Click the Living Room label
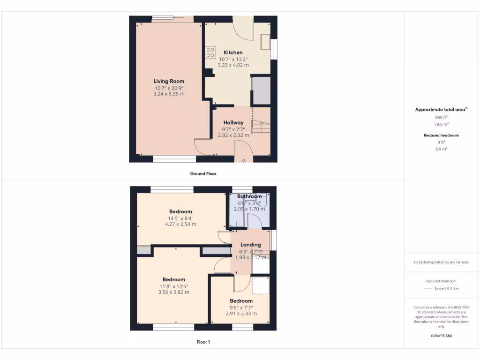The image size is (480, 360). tap(169, 81)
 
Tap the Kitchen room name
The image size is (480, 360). tap(233, 52)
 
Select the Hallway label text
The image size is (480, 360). tap(233, 123)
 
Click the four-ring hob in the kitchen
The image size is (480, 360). tap(210, 52)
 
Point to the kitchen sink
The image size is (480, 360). tap(266, 42)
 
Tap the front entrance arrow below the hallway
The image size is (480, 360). tap(244, 162)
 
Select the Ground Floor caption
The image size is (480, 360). tap(203, 173)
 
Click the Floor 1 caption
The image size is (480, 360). tap(203, 342)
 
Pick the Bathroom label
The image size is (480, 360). tap(249, 196)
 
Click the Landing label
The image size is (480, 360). tap(250, 245)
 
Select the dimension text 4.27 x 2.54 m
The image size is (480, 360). tap(180, 225)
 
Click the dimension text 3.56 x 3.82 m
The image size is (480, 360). tap(173, 292)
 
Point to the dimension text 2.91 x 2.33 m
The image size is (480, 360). tap(241, 314)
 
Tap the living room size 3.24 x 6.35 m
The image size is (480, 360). tap(169, 94)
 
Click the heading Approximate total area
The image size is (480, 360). tap(440, 109)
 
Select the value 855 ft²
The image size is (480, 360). tap(441, 117)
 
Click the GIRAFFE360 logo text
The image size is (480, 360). tap(441, 336)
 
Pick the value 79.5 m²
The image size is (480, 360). tap(441, 124)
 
